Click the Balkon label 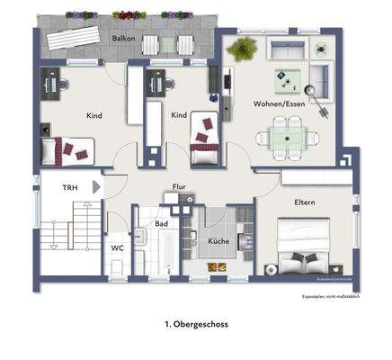123,40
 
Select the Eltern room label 304,202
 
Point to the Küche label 221,242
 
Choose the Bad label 162,223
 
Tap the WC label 117,247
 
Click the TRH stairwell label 69,188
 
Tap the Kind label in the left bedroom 93,115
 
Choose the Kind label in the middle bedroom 179,115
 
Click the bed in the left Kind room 70,149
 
